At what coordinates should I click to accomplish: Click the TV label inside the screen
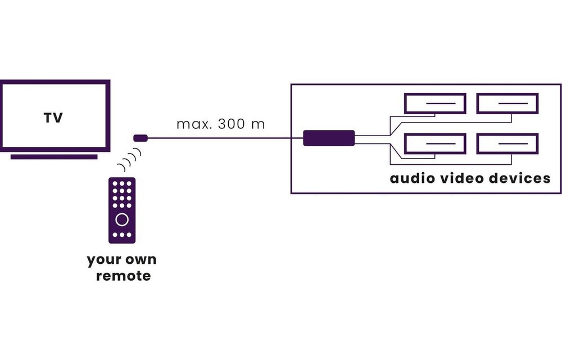[x=53, y=118]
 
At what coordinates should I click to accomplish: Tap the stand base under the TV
[x=53, y=156]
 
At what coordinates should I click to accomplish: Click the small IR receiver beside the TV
[x=140, y=137]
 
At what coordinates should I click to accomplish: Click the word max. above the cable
[x=192, y=124]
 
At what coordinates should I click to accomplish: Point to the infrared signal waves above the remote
[x=129, y=161]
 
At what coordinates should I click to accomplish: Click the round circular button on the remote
[x=122, y=219]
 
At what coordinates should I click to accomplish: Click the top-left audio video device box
[x=435, y=103]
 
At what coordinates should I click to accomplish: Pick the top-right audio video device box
[x=507, y=103]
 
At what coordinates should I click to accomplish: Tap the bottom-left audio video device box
[x=435, y=144]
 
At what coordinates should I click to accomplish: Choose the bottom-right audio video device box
[x=507, y=144]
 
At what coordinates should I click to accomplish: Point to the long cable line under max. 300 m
[x=225, y=138]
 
